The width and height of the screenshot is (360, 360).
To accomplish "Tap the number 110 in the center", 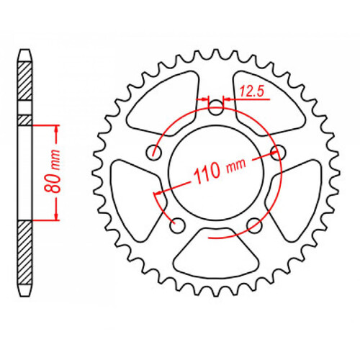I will (206, 173).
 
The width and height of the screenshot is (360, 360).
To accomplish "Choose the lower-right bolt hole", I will (253, 225).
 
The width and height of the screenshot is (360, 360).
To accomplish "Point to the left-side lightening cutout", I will (134, 189).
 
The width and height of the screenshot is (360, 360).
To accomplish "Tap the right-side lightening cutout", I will (297, 189).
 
